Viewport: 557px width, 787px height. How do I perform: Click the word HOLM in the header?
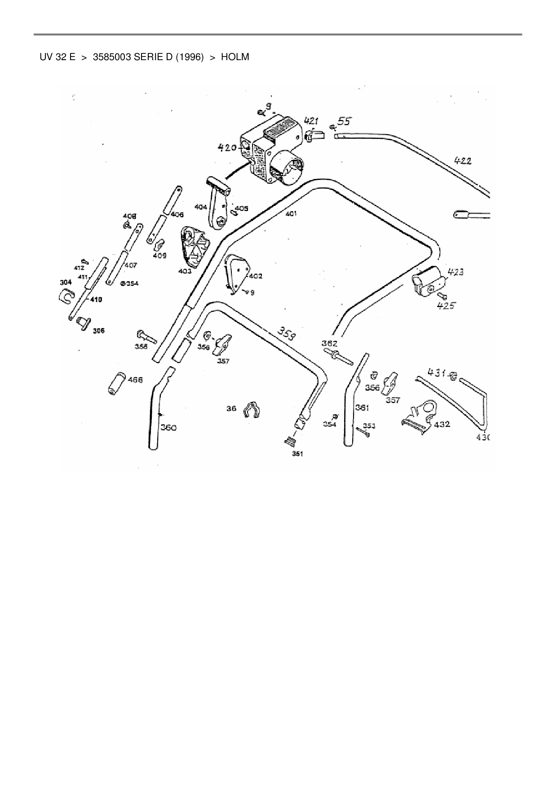tap(235, 57)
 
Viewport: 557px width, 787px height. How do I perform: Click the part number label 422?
tap(463, 161)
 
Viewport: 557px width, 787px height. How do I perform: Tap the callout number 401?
tap(291, 214)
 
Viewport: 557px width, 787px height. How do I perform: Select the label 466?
tap(135, 380)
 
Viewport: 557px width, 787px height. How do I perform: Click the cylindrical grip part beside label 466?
tap(116, 382)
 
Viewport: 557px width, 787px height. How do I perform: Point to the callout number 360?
tap(168, 428)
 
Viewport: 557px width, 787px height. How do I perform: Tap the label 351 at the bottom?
tap(297, 454)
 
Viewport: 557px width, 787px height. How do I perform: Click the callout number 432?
tap(442, 424)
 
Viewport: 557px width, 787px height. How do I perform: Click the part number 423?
tap(455, 272)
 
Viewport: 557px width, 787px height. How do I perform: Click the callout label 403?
tap(185, 271)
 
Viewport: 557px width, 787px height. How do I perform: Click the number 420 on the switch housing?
tap(227, 148)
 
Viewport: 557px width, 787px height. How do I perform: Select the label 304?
tap(66, 283)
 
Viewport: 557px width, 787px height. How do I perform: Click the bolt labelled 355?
tap(146, 336)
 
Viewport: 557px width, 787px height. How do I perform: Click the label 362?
tap(329, 343)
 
